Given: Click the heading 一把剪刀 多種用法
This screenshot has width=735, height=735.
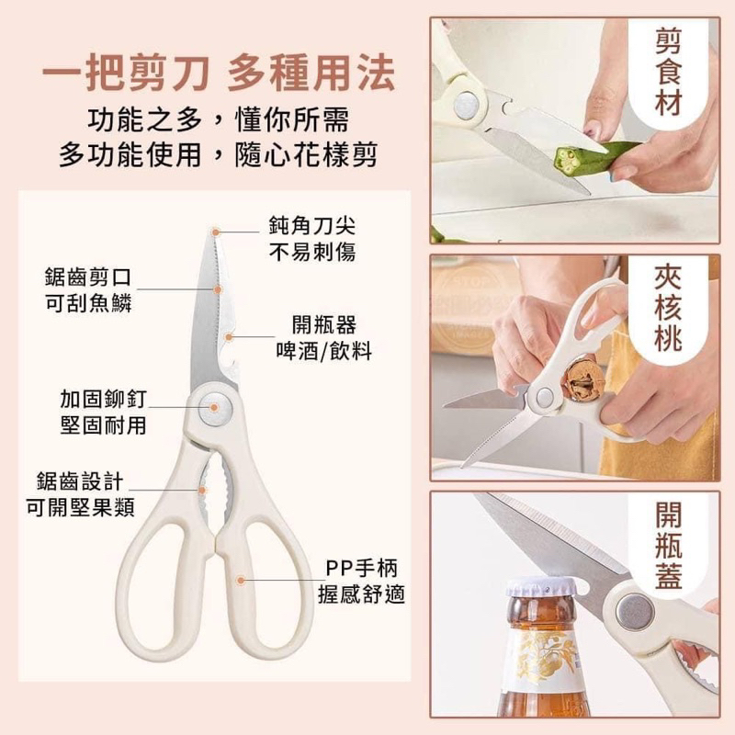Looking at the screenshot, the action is coord(219,73).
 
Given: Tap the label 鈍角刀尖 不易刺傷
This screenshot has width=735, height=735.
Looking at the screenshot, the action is coord(312,239).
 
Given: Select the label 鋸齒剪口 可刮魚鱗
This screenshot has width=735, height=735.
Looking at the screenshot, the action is coord(88,290).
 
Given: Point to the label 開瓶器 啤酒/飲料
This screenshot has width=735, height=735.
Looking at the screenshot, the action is coord(324,337).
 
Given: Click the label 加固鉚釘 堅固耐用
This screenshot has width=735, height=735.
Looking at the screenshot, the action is coord(104,412).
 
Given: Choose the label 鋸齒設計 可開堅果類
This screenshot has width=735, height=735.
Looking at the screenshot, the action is coord(80,494).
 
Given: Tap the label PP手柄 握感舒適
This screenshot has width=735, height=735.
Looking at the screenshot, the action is coord(361,582).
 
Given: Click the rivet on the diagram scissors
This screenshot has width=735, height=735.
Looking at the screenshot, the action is coord(215,407).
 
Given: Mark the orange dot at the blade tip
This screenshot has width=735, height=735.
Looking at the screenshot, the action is coord(216,232).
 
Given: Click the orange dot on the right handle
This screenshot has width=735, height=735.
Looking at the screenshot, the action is coord(241,581).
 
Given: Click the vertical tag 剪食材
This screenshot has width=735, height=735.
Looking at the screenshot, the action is coord(668,72).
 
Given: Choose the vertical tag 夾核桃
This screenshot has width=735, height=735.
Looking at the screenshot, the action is coord(668,307).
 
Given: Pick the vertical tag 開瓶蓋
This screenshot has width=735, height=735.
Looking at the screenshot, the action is coord(669,545).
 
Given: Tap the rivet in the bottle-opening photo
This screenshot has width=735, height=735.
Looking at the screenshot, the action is coord(635,612).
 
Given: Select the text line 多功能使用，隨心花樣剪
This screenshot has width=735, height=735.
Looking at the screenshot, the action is coord(218,154).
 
